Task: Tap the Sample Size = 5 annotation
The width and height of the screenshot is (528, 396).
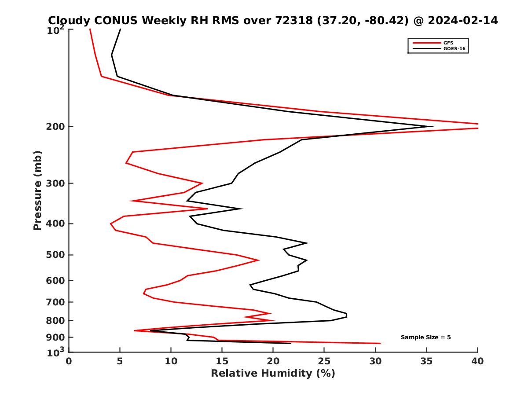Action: [x=425, y=337]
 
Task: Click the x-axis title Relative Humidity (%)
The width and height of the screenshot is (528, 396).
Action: [x=273, y=374]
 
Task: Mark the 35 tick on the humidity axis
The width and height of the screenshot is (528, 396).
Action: [x=426, y=361]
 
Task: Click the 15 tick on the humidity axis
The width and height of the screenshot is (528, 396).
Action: [x=222, y=361]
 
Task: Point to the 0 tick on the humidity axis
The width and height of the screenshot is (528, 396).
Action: [x=69, y=361]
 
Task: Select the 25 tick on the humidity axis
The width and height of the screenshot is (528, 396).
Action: [x=324, y=361]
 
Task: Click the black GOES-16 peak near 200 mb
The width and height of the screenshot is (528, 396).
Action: [x=433, y=127]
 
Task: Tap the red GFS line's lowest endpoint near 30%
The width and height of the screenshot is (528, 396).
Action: [x=380, y=343]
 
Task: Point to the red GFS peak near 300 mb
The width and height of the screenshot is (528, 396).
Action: [x=202, y=183]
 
